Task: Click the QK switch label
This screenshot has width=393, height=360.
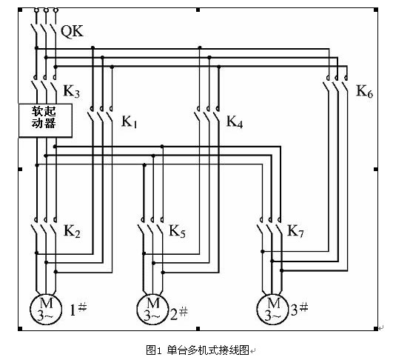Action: [x=72, y=32]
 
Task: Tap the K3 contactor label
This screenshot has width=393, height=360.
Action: [x=72, y=91]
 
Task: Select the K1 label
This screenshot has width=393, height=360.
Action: [x=130, y=122]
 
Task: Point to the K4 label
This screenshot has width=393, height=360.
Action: [x=235, y=122]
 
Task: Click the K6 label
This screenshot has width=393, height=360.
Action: [x=365, y=91]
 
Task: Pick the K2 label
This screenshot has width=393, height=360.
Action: [x=72, y=231]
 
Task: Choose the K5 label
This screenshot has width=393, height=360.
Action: [x=177, y=231]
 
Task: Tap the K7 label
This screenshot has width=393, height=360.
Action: [x=295, y=231]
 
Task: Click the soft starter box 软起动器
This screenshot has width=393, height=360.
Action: [x=45, y=121]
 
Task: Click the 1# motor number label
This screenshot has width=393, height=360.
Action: [x=78, y=310]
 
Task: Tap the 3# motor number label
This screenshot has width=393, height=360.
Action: [x=299, y=310]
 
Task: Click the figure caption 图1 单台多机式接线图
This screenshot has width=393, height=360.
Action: [x=198, y=350]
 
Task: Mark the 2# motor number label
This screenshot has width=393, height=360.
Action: [x=179, y=313]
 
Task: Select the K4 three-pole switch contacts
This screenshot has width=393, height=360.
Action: [x=207, y=115]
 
